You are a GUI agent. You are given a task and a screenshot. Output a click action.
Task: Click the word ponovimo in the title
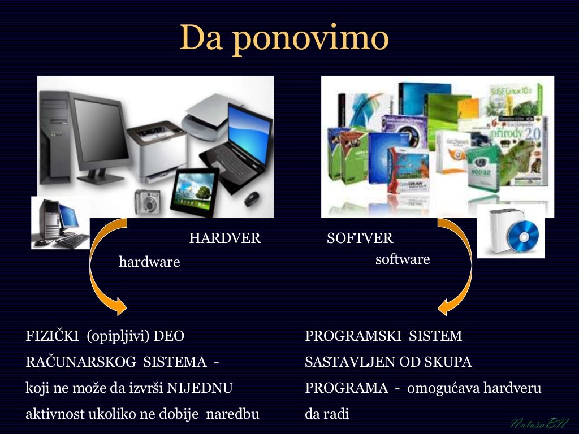pyautogui.click(x=310, y=38)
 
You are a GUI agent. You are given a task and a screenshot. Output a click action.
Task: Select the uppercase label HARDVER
pyautogui.click(x=225, y=238)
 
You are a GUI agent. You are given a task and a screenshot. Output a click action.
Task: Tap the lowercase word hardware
pyautogui.click(x=149, y=262)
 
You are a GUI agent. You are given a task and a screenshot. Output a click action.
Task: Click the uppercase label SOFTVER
pyautogui.click(x=360, y=238)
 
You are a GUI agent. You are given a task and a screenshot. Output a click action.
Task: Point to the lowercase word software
pyautogui.click(x=403, y=259)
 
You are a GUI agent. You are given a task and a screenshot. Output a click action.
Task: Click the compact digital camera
pyautogui.click(x=147, y=201)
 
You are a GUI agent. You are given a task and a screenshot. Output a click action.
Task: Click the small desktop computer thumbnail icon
pyautogui.click(x=61, y=223)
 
